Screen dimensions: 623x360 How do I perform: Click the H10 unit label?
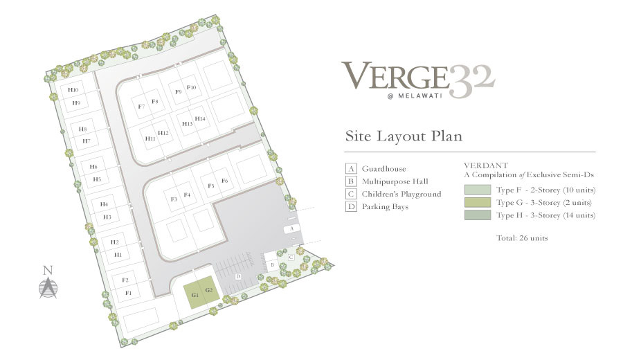73,90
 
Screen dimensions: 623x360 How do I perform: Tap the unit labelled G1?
195,295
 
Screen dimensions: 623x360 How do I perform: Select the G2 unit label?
209,290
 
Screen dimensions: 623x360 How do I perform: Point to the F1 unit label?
128,294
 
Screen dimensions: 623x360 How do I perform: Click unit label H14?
200,119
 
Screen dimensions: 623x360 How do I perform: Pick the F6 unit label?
224,181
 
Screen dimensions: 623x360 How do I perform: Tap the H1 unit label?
118,255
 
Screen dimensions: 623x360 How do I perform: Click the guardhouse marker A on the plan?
291,228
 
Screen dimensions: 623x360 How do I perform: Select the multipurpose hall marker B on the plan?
273,264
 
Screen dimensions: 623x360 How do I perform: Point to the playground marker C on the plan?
291,258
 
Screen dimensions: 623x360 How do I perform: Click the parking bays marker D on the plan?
238,276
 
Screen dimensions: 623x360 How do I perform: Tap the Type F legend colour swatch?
477,190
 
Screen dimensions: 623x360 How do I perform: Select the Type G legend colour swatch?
477,202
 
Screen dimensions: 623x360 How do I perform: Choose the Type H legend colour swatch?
477,215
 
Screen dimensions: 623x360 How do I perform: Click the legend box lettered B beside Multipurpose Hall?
351,181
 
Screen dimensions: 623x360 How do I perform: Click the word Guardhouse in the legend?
383,169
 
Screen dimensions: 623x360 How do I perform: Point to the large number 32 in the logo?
471,81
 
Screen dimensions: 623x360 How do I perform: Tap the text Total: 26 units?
522,238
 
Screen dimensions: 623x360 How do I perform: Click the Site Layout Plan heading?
404,136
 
